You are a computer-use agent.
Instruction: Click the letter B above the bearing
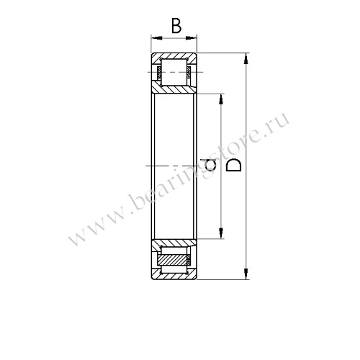176,26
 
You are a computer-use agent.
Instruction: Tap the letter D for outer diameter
234,165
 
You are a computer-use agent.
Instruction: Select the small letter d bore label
210,165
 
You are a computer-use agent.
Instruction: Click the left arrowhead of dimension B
157,38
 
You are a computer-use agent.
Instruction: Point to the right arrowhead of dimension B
192,38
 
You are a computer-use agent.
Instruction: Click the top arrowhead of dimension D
246,58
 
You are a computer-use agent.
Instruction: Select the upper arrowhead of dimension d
221,99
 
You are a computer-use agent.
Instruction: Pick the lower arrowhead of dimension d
221,233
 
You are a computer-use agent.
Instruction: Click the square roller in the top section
174,72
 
